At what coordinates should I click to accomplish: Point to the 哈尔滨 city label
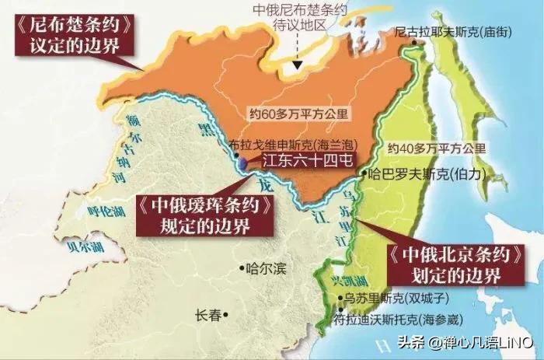click(266, 270)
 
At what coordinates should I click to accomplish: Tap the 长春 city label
click(208, 315)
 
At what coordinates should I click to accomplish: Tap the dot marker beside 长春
click(225, 315)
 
